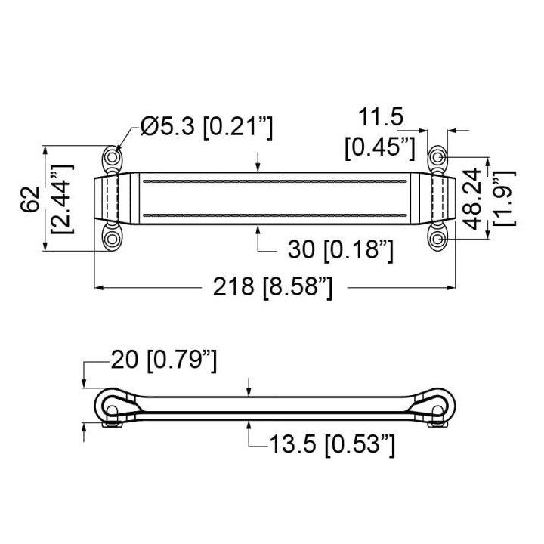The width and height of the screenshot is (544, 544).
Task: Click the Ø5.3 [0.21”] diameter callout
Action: tap(207, 127)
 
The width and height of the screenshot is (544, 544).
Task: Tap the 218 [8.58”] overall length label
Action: tap(273, 287)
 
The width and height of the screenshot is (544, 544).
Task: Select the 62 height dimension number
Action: tap(30, 199)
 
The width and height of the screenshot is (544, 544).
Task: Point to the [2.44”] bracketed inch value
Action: tap(63, 199)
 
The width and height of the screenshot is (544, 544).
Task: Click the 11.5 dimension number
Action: tap(381, 117)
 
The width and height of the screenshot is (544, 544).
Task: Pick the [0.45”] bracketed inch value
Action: tap(380, 148)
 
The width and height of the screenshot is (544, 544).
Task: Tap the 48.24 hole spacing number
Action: tap(473, 199)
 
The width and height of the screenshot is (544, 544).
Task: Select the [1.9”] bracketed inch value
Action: tap(505, 198)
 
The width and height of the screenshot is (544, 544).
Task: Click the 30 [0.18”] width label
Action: tap(341, 249)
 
